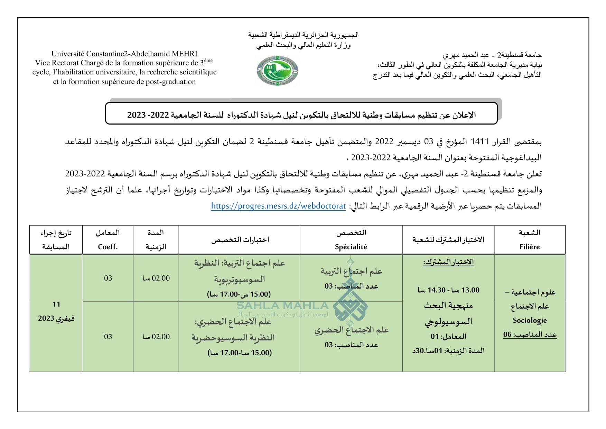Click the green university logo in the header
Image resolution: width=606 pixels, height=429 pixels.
[x=277, y=71]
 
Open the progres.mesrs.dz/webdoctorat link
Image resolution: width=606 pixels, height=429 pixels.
[x=278, y=206]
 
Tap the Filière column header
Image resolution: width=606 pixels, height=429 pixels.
[x=529, y=247]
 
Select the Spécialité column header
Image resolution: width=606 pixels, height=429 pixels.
[x=351, y=247]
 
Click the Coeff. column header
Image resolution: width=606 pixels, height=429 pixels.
[x=108, y=247]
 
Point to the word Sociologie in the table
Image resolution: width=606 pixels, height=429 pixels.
[x=530, y=320]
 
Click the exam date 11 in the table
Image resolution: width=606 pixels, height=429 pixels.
[x=56, y=304]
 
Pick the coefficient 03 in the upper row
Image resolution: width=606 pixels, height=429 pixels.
[x=108, y=278]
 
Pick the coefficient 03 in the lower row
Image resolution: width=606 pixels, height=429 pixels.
[x=108, y=337]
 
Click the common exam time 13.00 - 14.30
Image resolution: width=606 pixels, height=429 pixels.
[x=448, y=290]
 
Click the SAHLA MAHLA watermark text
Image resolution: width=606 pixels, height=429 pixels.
[x=282, y=305]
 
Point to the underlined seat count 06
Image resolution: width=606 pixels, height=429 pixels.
[x=507, y=335]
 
